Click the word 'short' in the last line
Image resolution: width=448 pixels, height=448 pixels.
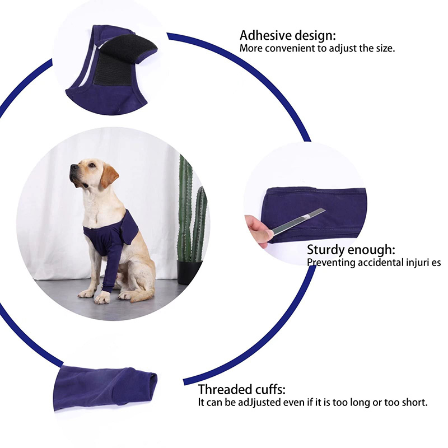pos(414,402)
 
